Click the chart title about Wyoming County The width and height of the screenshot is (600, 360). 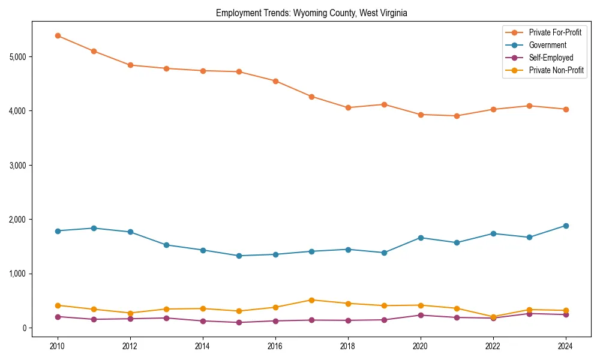point(311,13)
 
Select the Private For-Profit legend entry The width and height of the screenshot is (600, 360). point(555,32)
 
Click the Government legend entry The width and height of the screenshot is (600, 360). point(547,45)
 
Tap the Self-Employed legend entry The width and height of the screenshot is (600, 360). point(551,58)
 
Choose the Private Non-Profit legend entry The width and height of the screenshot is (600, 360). point(556,70)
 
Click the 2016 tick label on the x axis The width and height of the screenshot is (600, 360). point(275,346)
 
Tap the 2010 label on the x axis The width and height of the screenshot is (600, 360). point(58,346)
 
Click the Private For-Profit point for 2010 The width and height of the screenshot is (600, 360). point(58,35)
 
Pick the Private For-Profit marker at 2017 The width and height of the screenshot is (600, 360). point(311,97)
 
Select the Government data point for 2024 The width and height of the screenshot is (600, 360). point(565,226)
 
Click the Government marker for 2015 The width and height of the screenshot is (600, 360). point(239,256)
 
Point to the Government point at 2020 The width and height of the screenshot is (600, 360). point(421,238)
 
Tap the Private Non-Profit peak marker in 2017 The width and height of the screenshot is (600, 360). point(311,300)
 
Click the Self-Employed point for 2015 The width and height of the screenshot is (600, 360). point(239,322)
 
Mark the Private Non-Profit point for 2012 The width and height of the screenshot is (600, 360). point(130,313)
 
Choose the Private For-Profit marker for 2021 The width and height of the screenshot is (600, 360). point(457,116)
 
